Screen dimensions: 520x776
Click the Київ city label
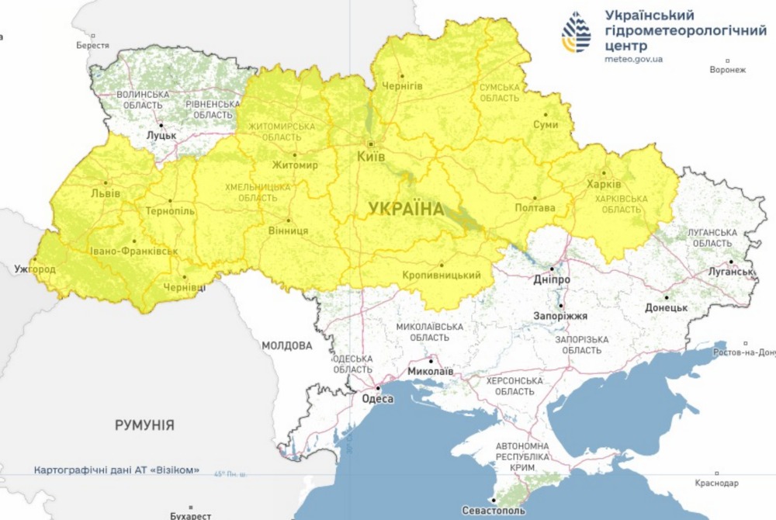tap(370, 157)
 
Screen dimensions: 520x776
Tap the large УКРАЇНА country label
tap(406, 209)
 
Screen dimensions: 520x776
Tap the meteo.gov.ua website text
tap(633, 59)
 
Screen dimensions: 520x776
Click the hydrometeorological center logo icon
tap(576, 33)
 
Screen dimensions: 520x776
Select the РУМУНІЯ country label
tap(144, 425)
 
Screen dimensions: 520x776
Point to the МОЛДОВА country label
tap(286, 345)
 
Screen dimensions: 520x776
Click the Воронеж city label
tap(727, 70)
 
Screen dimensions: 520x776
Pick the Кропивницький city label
tap(442, 276)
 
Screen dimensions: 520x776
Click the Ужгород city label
tap(34, 269)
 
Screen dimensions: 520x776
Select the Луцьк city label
tap(161, 135)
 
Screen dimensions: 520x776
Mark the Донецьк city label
tap(666, 307)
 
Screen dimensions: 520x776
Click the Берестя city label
tap(92, 45)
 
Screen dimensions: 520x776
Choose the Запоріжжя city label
tap(560, 316)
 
